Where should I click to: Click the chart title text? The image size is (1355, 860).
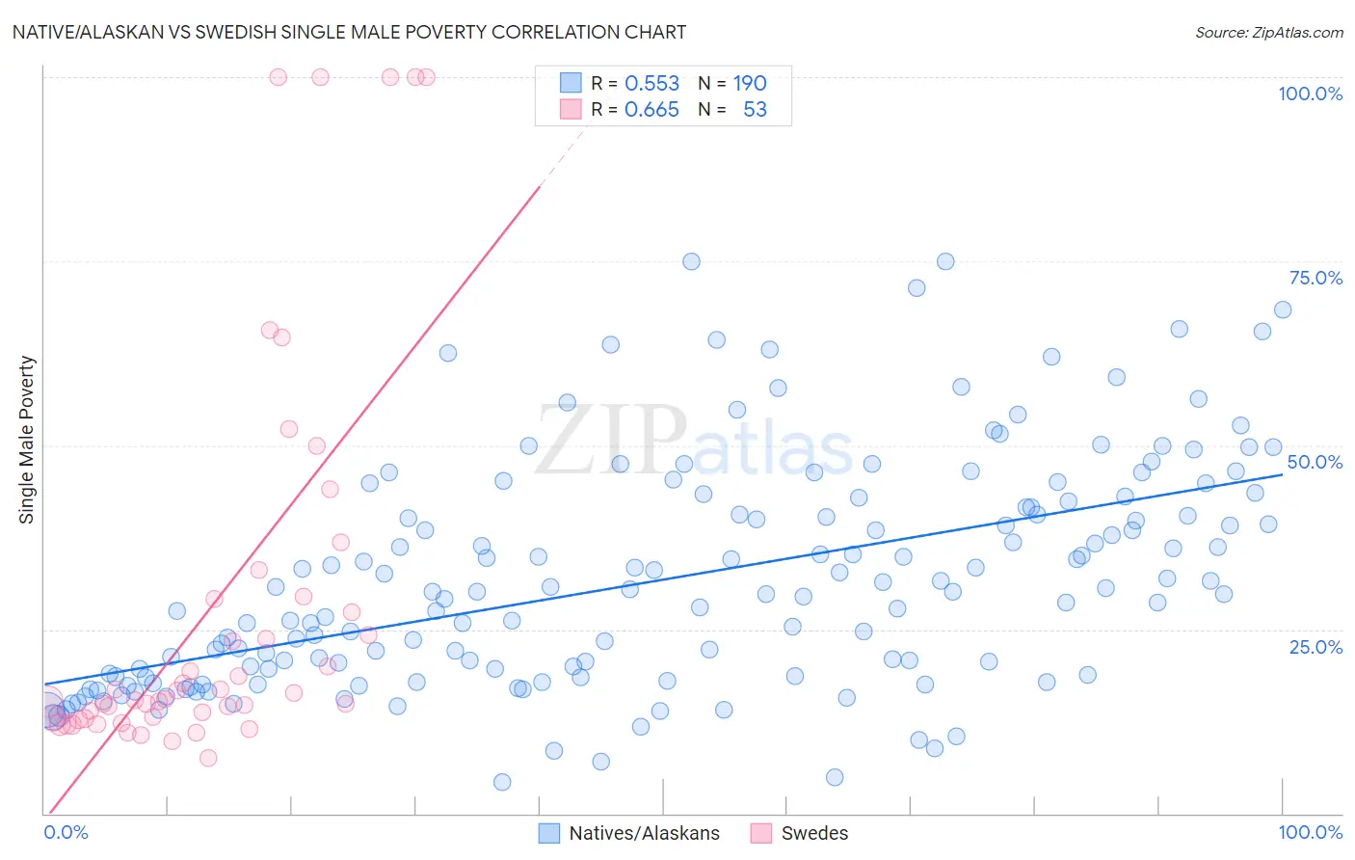click(x=349, y=32)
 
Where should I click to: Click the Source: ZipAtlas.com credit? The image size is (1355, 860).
click(x=1268, y=32)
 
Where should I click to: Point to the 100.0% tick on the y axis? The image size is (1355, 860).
click(x=1310, y=94)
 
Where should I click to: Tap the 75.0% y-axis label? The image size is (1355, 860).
click(x=1315, y=278)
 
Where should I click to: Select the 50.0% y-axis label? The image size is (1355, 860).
click(x=1315, y=462)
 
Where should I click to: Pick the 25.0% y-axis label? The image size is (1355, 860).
click(x=1315, y=646)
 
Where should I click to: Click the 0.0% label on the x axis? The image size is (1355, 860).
click(x=66, y=832)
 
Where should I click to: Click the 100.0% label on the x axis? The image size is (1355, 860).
click(x=1310, y=832)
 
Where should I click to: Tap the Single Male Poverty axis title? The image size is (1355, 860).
click(x=27, y=440)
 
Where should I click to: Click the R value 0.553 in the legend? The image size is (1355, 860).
click(x=651, y=84)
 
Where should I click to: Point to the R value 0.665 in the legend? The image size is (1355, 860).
click(x=651, y=110)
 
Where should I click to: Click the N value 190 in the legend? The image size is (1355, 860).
click(x=750, y=84)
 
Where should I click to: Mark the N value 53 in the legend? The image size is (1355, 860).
click(x=755, y=110)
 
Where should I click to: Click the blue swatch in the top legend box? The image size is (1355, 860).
click(x=571, y=84)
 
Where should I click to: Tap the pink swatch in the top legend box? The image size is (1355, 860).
click(x=571, y=110)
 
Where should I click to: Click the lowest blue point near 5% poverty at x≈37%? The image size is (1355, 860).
click(x=502, y=782)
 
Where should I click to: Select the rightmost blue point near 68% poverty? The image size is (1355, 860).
click(x=1283, y=309)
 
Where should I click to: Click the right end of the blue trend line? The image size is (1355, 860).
click(x=1283, y=474)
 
